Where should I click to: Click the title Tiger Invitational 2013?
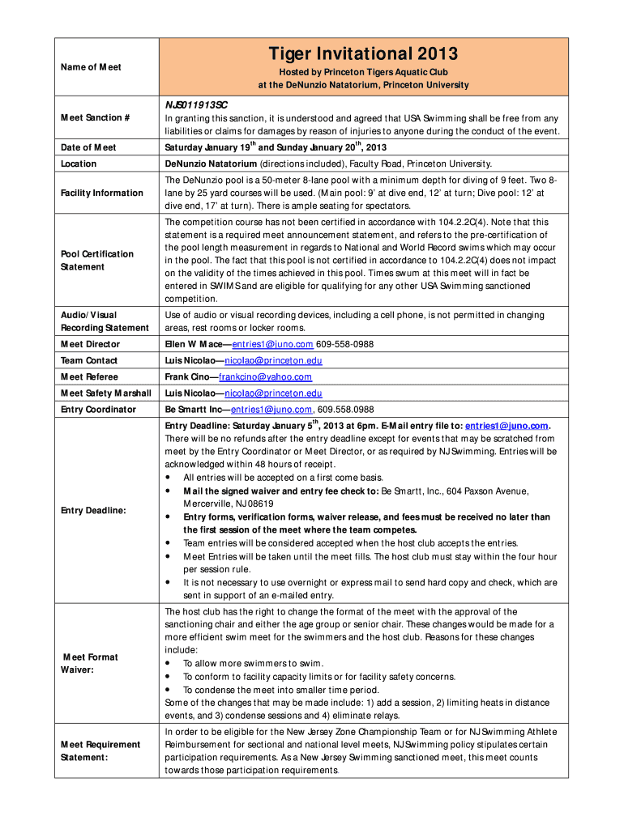(363, 54)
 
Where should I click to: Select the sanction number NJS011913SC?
(197, 105)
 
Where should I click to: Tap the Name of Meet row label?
(91, 67)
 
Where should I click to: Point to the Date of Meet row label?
(88, 147)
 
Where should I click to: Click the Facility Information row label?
(101, 193)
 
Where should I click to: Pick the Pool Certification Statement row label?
(97, 260)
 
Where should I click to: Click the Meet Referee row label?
(89, 376)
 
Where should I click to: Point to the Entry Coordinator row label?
(98, 409)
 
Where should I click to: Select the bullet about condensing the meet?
(269, 690)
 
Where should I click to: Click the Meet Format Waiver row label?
(90, 664)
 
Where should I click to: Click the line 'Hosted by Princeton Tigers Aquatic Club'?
(363, 72)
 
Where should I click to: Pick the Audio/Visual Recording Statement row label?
(105, 321)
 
